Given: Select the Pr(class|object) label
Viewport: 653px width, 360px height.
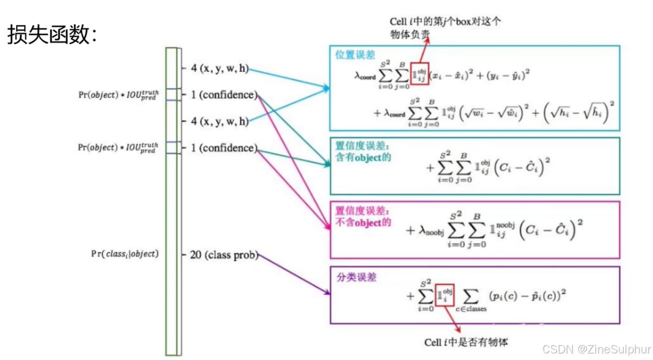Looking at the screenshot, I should click(x=124, y=254).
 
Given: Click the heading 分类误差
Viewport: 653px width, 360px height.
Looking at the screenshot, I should click(x=356, y=277).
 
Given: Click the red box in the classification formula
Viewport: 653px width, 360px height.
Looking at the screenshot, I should click(x=445, y=295).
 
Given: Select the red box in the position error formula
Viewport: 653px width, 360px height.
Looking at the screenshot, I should click(x=419, y=75).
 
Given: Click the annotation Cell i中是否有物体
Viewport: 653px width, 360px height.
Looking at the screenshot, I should click(x=466, y=342).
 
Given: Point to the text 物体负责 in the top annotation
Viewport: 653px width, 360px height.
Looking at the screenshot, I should click(x=410, y=34).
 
